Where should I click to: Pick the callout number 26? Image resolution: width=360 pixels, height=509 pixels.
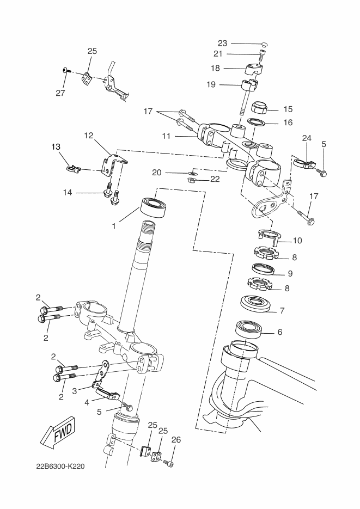pos(175,439)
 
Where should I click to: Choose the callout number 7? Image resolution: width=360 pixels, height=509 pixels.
pos(282,311)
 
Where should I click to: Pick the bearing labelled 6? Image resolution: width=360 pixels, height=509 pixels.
pos(249,330)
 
